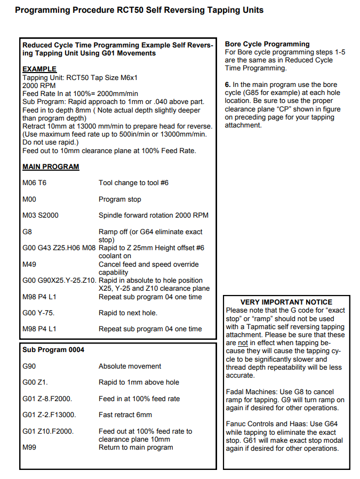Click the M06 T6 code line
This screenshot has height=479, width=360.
point(34,183)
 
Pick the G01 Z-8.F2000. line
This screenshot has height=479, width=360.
point(47,398)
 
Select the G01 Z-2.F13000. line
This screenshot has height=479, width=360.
point(49,414)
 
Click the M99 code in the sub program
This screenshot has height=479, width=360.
point(29,447)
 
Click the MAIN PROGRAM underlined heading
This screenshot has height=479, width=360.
point(51,167)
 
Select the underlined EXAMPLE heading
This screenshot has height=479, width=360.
point(39,69)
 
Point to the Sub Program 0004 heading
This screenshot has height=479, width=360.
point(53,350)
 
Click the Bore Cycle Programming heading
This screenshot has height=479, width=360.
point(267,44)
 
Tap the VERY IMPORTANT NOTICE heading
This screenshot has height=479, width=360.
point(286,302)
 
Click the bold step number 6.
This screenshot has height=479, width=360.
point(228,85)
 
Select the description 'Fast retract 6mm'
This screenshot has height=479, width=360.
point(125,414)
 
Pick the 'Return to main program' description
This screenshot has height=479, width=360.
point(136,447)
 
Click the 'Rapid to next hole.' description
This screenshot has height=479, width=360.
point(128,313)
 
